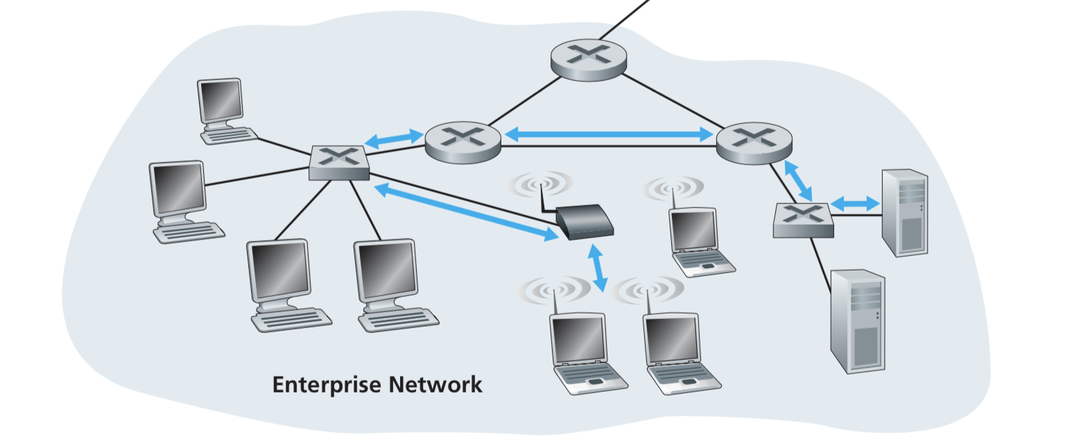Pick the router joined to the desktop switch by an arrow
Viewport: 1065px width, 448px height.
pyautogui.click(x=462, y=143)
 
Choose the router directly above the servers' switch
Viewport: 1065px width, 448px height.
pyautogui.click(x=754, y=143)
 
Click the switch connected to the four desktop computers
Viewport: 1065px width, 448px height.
pyautogui.click(x=339, y=163)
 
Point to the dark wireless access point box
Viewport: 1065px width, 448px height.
pyautogui.click(x=585, y=222)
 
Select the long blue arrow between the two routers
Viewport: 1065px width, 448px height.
pyautogui.click(x=609, y=135)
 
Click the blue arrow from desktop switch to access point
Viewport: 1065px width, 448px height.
pyautogui.click(x=465, y=212)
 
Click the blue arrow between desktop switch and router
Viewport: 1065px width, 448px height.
pyautogui.click(x=394, y=139)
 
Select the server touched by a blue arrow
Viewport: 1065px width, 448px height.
pyautogui.click(x=904, y=212)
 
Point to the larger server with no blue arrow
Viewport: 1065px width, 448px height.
pyautogui.click(x=858, y=320)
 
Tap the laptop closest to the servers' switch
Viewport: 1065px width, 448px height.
pyautogui.click(x=698, y=239)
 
